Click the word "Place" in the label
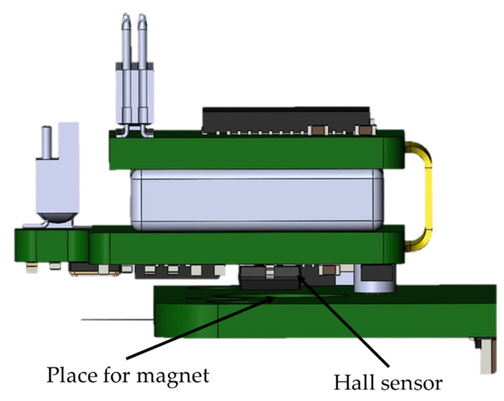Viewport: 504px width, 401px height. [72, 375]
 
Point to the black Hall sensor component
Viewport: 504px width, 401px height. [270, 278]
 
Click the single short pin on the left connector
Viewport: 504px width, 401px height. [47, 142]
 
